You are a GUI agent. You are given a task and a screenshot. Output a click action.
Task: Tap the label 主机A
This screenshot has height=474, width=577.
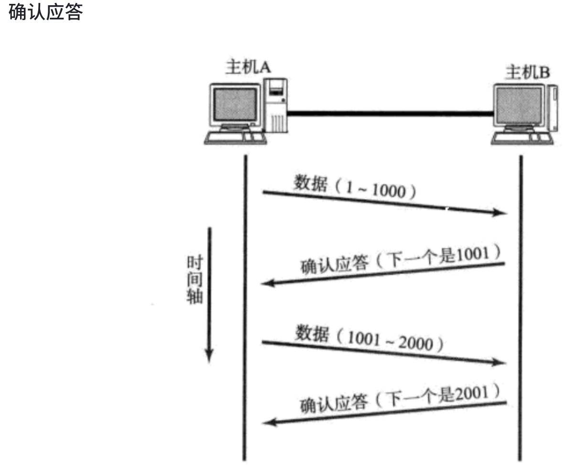(x=248, y=67)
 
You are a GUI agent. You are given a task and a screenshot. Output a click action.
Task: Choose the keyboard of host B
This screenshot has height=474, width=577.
(x=523, y=138)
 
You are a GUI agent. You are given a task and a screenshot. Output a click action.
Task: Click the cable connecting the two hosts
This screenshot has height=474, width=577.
(x=390, y=113)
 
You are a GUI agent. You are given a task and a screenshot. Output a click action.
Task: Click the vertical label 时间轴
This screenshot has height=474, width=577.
(x=195, y=280)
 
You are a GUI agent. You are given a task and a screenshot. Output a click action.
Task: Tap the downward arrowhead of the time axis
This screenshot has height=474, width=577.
(x=209, y=356)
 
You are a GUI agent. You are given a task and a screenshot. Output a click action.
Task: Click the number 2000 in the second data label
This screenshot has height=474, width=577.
(x=415, y=343)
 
